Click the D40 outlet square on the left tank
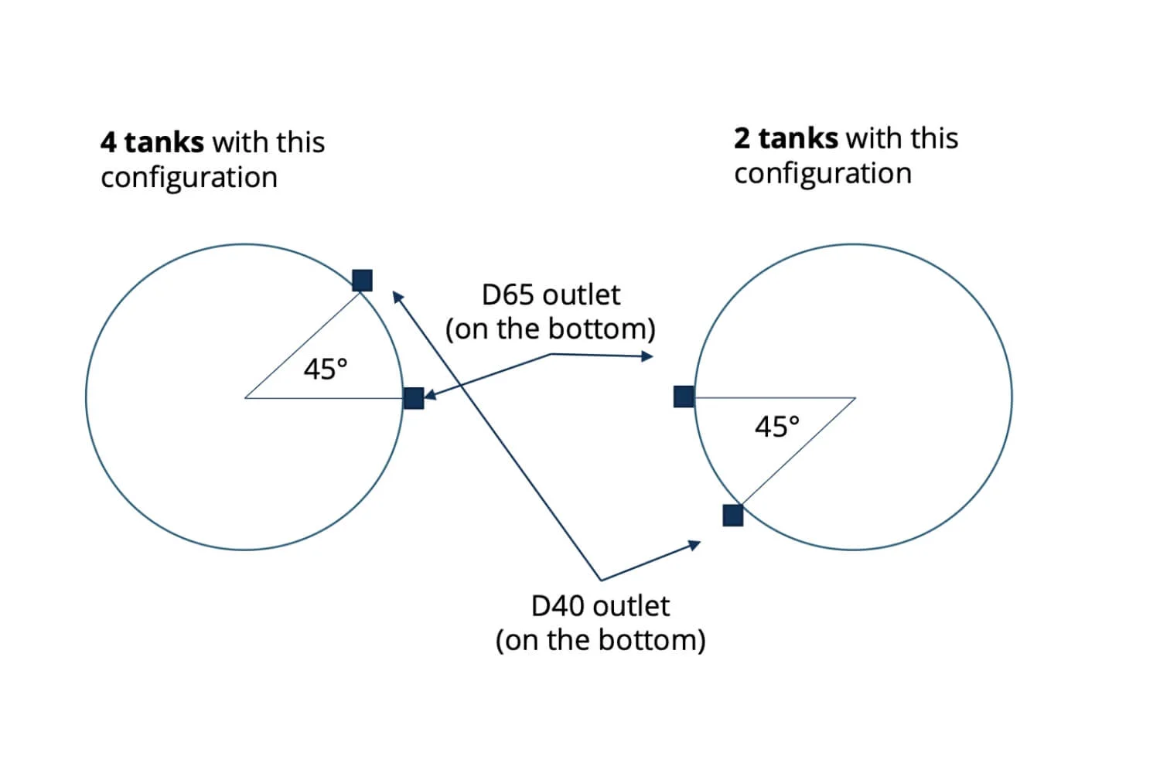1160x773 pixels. [x=362, y=280]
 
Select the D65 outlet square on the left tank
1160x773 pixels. [x=414, y=398]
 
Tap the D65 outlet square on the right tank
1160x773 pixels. [x=684, y=397]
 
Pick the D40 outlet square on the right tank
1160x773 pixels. [x=732, y=515]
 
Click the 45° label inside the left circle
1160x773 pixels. [x=326, y=369]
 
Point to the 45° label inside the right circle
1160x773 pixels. [x=777, y=426]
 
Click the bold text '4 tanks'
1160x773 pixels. [x=152, y=142]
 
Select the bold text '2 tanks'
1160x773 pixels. [x=786, y=138]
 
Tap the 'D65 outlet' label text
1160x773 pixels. [x=551, y=295]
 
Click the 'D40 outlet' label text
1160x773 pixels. [x=600, y=606]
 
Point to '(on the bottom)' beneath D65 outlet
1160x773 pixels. [x=551, y=329]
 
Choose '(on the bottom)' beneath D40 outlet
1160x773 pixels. [x=600, y=641]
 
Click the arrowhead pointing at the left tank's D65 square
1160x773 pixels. [x=428, y=397]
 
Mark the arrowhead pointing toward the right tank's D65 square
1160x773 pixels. [x=647, y=356]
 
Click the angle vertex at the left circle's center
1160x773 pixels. [x=245, y=398]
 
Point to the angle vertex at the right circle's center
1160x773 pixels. [x=855, y=398]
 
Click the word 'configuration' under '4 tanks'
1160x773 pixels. [x=189, y=178]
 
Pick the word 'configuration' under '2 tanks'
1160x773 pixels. [x=823, y=174]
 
